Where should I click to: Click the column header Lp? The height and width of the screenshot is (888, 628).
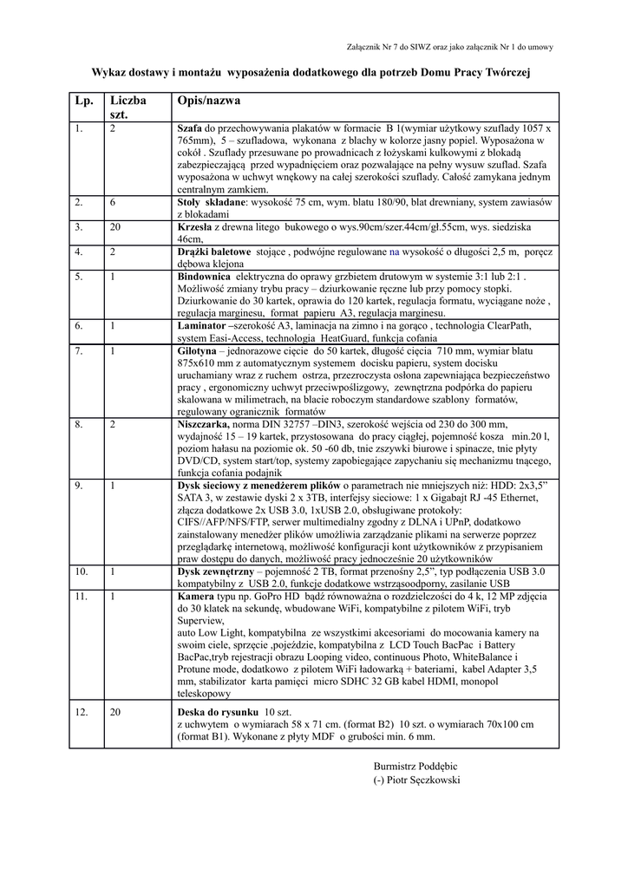click(x=84, y=101)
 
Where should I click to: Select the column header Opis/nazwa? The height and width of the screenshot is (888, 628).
click(x=208, y=101)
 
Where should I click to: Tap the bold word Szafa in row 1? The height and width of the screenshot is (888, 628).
click(x=189, y=128)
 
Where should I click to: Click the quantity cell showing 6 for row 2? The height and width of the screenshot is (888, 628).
click(x=113, y=202)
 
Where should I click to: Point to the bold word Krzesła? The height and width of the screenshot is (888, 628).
click(x=195, y=226)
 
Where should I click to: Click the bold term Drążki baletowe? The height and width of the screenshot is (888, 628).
click(x=214, y=251)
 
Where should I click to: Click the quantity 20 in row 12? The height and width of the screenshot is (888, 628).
click(x=115, y=711)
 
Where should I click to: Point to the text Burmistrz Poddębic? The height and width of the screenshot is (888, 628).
click(x=415, y=765)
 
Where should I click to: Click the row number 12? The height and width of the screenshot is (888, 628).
click(x=82, y=711)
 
